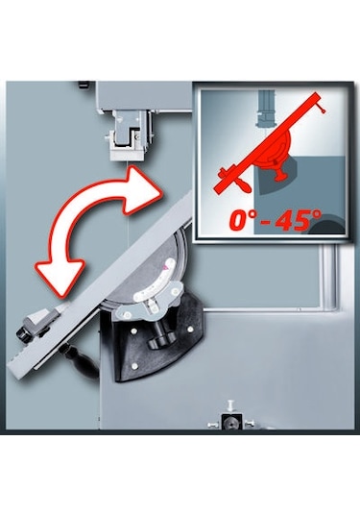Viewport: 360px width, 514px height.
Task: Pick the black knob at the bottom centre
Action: pos(230,422)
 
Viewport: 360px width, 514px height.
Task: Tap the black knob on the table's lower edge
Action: pos(26,325)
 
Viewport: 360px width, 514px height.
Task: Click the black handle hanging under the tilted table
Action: pos(79,356)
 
